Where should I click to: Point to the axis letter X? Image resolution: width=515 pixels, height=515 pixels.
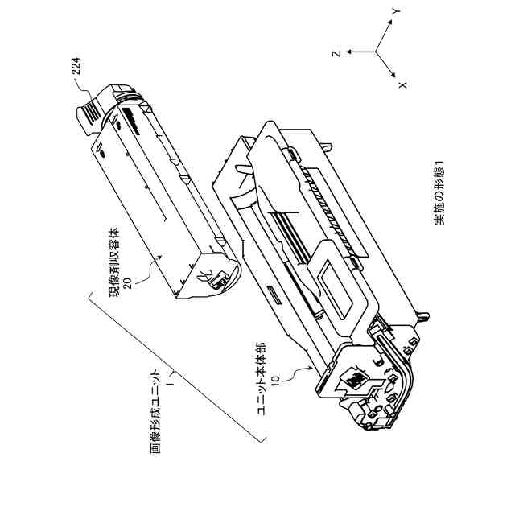point(403,83)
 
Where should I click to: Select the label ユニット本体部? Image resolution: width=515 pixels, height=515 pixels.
point(263,378)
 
